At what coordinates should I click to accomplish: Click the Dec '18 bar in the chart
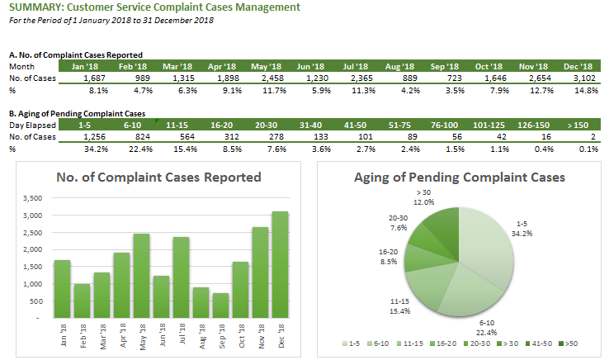pyautogui.click(x=280, y=265)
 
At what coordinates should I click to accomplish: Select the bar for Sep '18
pyautogui.click(x=220, y=306)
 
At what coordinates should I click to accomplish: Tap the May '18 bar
pyautogui.click(x=141, y=276)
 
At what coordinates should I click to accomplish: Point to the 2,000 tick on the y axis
pyautogui.click(x=33, y=249)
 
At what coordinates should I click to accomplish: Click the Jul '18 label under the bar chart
pyautogui.click(x=182, y=334)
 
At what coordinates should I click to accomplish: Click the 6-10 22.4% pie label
pyautogui.click(x=487, y=328)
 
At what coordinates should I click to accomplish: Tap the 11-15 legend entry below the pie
pyautogui.click(x=410, y=343)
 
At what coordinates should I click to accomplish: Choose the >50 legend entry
pyautogui.click(x=568, y=343)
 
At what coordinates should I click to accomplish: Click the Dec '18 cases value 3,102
pyautogui.click(x=584, y=78)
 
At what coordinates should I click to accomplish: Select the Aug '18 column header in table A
pyautogui.click(x=399, y=67)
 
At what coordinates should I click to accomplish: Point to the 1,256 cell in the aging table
pyautogui.click(x=94, y=137)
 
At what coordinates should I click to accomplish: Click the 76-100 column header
pyautogui.click(x=444, y=126)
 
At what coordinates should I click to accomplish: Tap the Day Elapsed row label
pyautogui.click(x=33, y=126)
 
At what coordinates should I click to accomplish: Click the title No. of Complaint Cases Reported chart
pyautogui.click(x=158, y=178)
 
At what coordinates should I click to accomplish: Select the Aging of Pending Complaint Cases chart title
pyautogui.click(x=459, y=178)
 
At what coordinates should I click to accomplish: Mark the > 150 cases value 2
pyautogui.click(x=593, y=137)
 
